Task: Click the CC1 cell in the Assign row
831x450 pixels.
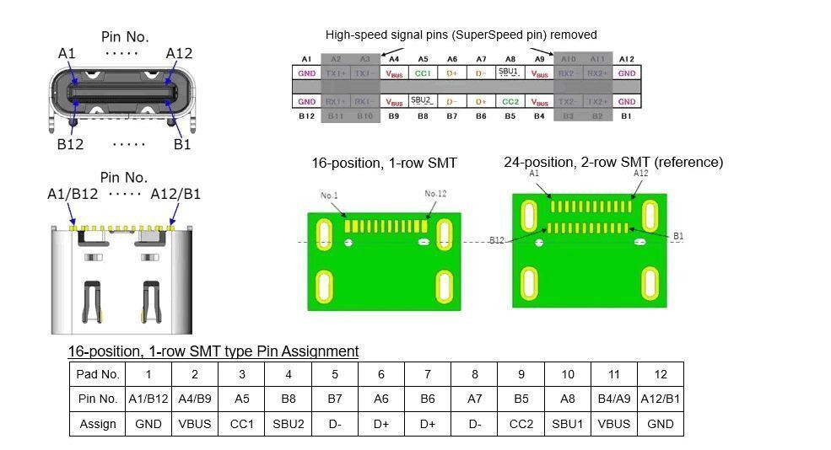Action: (241, 423)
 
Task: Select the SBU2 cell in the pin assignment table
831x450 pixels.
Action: (288, 423)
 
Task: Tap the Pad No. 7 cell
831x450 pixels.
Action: (428, 374)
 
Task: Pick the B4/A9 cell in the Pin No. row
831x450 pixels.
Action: (613, 399)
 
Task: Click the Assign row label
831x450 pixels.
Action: (98, 423)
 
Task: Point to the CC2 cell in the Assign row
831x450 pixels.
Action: (521, 423)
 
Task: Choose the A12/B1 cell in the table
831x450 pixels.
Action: (660, 399)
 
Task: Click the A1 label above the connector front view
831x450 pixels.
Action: (67, 54)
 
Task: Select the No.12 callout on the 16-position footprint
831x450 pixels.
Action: (435, 194)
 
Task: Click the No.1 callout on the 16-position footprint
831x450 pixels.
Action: (329, 196)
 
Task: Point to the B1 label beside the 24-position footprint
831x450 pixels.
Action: (678, 237)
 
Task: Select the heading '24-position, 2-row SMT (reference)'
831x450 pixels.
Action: (613, 162)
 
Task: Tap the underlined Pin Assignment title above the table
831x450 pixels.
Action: (213, 351)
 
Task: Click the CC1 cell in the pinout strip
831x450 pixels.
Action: (423, 73)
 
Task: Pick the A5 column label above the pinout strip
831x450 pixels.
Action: (423, 59)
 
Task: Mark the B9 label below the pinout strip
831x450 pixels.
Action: (393, 115)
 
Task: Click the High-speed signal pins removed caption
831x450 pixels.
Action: (461, 35)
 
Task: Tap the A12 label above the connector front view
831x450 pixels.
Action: (179, 54)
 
